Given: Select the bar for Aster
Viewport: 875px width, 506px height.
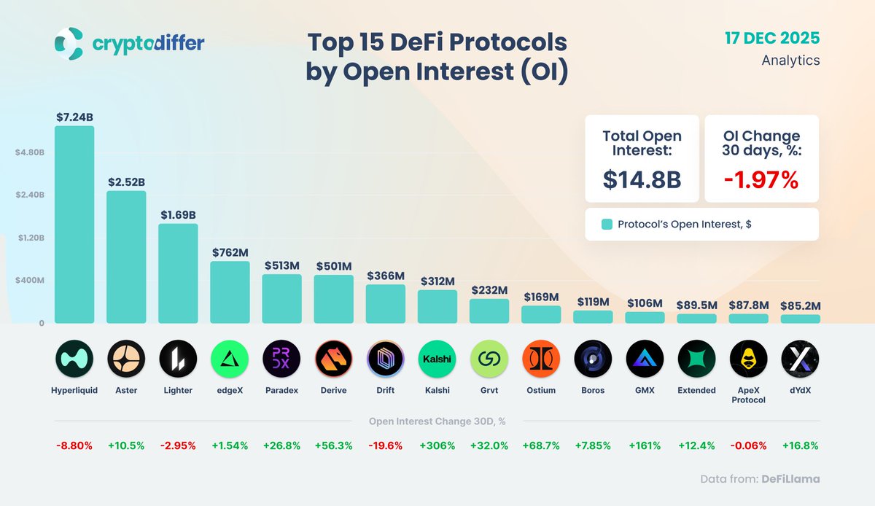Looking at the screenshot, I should pyautogui.click(x=126, y=257).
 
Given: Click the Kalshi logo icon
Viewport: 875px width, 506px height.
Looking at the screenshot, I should pyautogui.click(x=437, y=359).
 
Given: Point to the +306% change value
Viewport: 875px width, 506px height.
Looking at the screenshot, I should pyautogui.click(x=437, y=445).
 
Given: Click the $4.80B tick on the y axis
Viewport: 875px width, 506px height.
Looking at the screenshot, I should pyautogui.click(x=30, y=153).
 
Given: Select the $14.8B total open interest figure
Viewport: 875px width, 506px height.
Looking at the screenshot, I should pyautogui.click(x=642, y=179).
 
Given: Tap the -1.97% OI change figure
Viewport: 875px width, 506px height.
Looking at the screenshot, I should pyautogui.click(x=761, y=179).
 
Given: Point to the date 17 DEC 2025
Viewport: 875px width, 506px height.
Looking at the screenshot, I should pyautogui.click(x=771, y=37).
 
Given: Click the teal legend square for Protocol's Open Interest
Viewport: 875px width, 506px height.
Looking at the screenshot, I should pyautogui.click(x=607, y=225).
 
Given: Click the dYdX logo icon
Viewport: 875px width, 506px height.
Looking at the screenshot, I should pyautogui.click(x=800, y=359).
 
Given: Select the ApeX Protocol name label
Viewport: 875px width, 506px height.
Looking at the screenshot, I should pyautogui.click(x=748, y=394).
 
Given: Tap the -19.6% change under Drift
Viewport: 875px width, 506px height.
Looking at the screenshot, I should pyautogui.click(x=386, y=445).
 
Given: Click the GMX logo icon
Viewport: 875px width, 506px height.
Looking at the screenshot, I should pyautogui.click(x=645, y=359).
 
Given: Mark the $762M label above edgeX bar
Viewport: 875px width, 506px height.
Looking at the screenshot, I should pyautogui.click(x=230, y=252).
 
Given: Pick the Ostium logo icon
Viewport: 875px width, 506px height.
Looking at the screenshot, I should pyautogui.click(x=541, y=359).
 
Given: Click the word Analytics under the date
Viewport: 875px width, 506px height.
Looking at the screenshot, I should pyautogui.click(x=790, y=61).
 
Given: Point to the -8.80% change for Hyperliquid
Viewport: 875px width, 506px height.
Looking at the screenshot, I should pyautogui.click(x=74, y=445).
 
